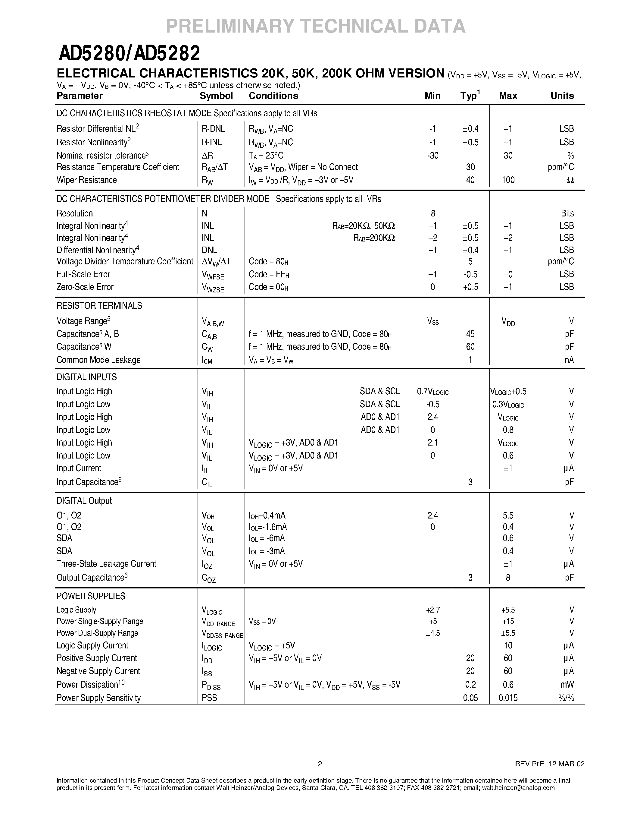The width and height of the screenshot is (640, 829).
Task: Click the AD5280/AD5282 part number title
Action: [x=129, y=54]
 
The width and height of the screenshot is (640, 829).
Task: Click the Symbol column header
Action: [x=216, y=96]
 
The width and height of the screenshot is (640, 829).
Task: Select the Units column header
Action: [x=562, y=96]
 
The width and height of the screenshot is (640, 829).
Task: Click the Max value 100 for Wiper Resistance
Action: [x=508, y=180]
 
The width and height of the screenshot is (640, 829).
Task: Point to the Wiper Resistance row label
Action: [x=86, y=180]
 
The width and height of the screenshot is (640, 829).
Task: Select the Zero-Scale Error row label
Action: [x=85, y=287]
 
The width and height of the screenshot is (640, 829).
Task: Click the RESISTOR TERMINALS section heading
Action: [x=99, y=306]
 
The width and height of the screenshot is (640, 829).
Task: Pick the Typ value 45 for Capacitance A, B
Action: [x=470, y=334]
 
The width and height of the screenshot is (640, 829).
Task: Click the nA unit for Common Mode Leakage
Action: [x=569, y=360]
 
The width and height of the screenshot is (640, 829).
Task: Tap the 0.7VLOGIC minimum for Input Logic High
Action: [x=432, y=391]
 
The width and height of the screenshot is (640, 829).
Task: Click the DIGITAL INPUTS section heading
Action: [x=86, y=377]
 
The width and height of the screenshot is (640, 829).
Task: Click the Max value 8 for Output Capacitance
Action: [x=508, y=577]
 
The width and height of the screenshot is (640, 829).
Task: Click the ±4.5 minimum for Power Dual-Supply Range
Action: [x=432, y=633]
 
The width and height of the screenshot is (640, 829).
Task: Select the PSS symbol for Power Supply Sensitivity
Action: [x=209, y=698]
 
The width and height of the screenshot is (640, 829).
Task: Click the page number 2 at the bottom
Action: [x=320, y=764]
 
